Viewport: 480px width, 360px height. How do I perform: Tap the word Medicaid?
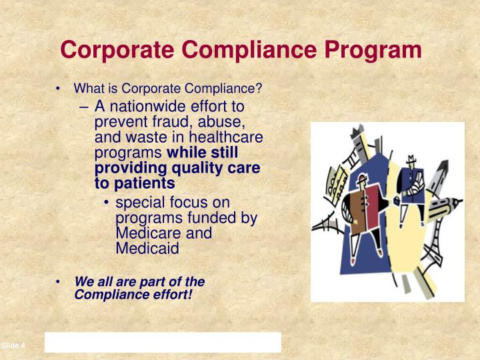pos(147,249)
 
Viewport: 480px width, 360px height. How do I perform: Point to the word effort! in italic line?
pos(171,294)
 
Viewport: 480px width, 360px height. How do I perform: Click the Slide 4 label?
pos(13,345)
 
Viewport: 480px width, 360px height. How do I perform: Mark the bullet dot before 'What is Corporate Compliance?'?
pos(59,89)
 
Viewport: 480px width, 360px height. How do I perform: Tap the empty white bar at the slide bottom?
pos(163,343)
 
